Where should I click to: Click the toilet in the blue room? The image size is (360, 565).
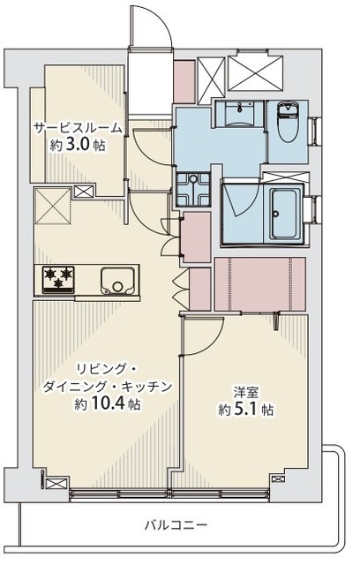point(288,122)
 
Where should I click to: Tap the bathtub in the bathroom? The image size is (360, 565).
point(285,215)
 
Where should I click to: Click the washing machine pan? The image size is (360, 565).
point(193,189)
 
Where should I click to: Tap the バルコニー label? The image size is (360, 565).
point(176,524)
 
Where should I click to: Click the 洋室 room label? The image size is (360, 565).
point(246,392)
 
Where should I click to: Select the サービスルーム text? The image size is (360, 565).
point(78,128)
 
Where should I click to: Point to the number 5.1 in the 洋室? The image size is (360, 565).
point(246,409)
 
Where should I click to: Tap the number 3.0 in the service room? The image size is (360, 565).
point(77,145)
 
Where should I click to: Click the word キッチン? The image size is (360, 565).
point(146,387)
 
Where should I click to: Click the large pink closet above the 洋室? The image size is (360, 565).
point(260,284)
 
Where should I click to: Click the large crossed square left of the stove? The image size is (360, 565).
point(53,206)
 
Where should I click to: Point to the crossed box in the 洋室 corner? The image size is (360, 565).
point(278,478)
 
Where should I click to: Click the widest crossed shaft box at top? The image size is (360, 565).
point(256,72)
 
